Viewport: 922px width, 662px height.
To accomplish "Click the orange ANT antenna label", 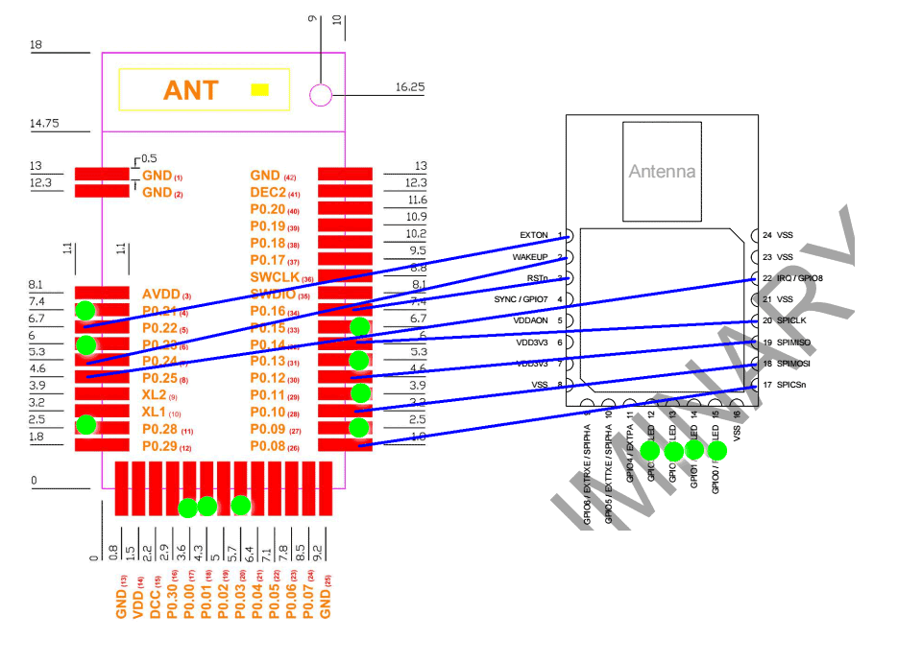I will coord(191,90).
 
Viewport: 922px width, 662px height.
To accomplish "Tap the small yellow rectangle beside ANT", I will coord(258,90).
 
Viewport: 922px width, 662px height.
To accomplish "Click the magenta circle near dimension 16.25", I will coord(321,94).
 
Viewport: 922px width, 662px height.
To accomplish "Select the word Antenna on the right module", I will coord(662,172).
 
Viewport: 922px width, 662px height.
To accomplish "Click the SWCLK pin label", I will coord(274,278).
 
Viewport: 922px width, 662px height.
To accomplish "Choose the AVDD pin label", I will coord(159,295).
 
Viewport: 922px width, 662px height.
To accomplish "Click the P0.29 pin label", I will coord(159,447).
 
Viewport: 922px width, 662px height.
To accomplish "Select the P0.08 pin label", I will coord(267,447).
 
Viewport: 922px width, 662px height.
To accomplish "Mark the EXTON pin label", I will coord(534,235).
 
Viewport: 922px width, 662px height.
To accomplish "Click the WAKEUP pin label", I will coord(530,257).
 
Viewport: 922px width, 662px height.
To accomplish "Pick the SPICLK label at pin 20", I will coord(793,320).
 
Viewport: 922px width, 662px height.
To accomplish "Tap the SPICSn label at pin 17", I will coord(793,385).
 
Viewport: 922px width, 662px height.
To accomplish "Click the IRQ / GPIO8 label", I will coord(800,278).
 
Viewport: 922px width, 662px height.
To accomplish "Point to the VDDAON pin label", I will coord(531,320).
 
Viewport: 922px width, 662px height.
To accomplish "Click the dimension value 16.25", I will coord(410,87).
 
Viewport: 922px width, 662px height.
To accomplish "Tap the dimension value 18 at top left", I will coord(36,44).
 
